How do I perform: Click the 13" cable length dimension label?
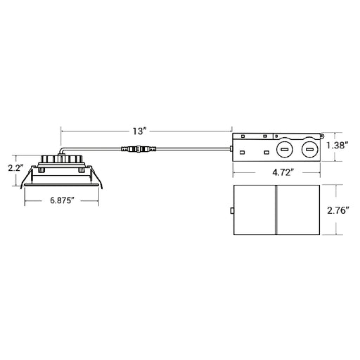pyautogui.click(x=140, y=131)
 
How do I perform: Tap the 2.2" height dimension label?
pyautogui.click(x=15, y=168)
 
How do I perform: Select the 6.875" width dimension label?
pyautogui.click(x=62, y=200)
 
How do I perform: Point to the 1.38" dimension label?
pyautogui.click(x=337, y=146)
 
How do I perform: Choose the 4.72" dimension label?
pyautogui.click(x=283, y=173)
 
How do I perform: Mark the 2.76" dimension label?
pyautogui.click(x=337, y=211)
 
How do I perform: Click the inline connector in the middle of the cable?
pyautogui.click(x=139, y=148)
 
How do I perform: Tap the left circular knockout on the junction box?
pyautogui.click(x=285, y=150)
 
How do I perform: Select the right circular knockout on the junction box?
pyautogui.click(x=309, y=150)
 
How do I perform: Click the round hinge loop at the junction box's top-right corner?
pyautogui.click(x=323, y=135)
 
